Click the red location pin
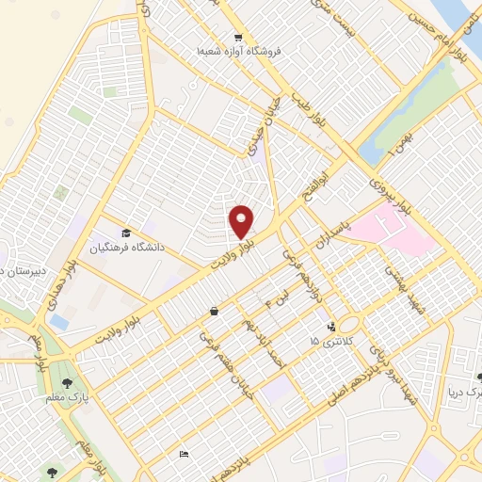(x=242, y=221)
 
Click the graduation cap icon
(x=125, y=233)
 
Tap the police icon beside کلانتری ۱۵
(x=331, y=327)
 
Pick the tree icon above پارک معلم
(x=67, y=382)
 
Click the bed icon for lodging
(x=184, y=455)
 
